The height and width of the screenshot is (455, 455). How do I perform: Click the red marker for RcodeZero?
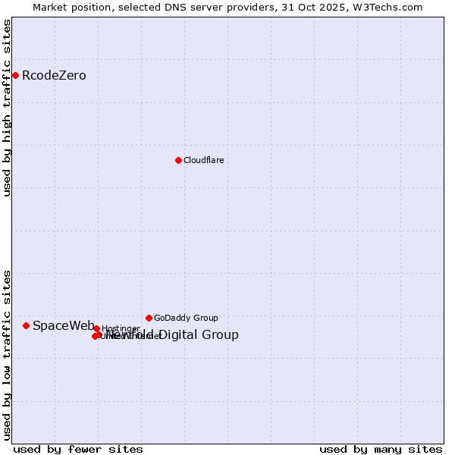point(15,75)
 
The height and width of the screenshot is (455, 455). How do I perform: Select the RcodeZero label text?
point(54,76)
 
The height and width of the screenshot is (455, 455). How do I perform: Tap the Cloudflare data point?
point(178,160)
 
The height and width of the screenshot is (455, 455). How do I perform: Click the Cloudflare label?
point(203,161)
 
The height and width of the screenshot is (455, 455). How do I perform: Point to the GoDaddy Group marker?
point(149,318)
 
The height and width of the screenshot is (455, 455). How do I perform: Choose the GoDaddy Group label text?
point(186,318)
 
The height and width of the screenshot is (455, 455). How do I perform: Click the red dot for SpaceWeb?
point(26,325)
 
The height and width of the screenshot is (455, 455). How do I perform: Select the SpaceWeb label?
point(64,326)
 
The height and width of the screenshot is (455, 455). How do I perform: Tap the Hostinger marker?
point(96,328)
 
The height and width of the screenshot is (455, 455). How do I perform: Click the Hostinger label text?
point(121,329)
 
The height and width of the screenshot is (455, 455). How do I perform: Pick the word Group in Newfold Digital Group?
point(221,335)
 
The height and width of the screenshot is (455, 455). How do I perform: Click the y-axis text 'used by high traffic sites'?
point(8,108)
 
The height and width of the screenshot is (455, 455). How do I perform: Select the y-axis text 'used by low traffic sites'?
point(8,354)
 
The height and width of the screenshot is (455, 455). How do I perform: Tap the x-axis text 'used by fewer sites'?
point(78,449)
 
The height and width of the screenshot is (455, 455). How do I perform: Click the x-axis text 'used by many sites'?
point(381,449)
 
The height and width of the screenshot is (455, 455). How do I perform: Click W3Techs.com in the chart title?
point(391,8)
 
